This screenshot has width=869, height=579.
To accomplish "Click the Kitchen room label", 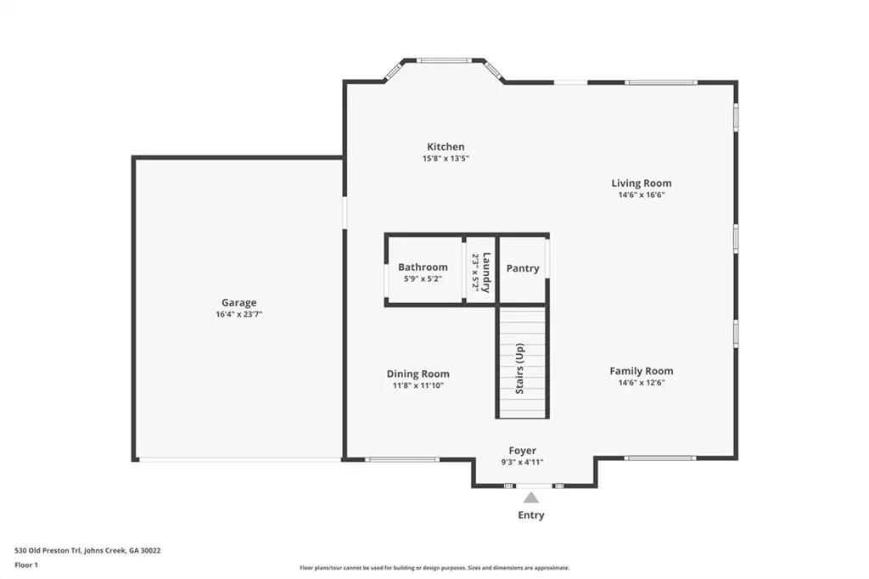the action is pyautogui.click(x=446, y=147).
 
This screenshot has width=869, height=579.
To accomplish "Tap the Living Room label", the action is pyautogui.click(x=642, y=183).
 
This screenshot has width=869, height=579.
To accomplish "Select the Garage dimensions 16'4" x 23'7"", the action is pyautogui.click(x=238, y=314).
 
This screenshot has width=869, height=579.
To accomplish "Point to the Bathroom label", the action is pyautogui.click(x=423, y=267).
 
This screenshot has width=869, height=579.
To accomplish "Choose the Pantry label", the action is pyautogui.click(x=523, y=268).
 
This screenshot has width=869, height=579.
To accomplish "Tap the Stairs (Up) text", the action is pyautogui.click(x=520, y=368).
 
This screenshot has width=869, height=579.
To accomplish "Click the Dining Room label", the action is pyautogui.click(x=418, y=374).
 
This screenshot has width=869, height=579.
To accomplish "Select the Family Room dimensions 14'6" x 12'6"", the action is pyautogui.click(x=642, y=383).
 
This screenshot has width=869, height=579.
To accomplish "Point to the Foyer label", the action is pyautogui.click(x=523, y=451).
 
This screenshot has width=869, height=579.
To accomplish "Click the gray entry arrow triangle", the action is pyautogui.click(x=531, y=497).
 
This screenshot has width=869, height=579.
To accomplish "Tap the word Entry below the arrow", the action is pyautogui.click(x=531, y=515).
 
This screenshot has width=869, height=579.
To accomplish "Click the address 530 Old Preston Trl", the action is pyautogui.click(x=48, y=551).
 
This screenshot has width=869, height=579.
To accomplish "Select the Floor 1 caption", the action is pyautogui.click(x=26, y=565).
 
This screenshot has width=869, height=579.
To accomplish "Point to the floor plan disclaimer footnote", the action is pyautogui.click(x=434, y=568).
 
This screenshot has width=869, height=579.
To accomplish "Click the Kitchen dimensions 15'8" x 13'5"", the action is pyautogui.click(x=446, y=159).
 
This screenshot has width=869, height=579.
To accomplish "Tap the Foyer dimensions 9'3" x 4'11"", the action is pyautogui.click(x=522, y=463).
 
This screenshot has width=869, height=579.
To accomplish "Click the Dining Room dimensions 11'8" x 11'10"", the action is pyautogui.click(x=418, y=386).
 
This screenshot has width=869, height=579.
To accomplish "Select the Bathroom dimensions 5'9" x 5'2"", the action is pyautogui.click(x=423, y=279).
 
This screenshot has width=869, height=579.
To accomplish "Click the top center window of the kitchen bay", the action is pyautogui.click(x=444, y=60).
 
